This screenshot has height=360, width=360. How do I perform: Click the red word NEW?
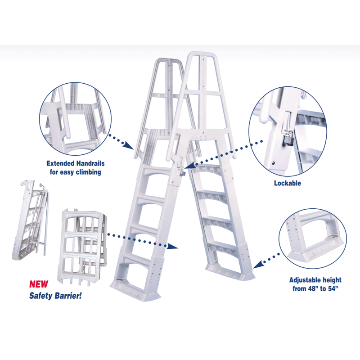pyautogui.click(x=39, y=284)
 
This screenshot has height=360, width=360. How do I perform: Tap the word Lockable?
pyautogui.click(x=288, y=183)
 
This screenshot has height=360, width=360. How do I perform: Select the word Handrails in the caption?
pyautogui.click(x=90, y=163)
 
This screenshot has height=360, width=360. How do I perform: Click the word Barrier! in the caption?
pyautogui.click(x=68, y=295)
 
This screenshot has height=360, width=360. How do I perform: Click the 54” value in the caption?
pyautogui.click(x=333, y=288)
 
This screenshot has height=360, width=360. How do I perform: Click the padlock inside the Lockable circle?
pyautogui.click(x=288, y=138)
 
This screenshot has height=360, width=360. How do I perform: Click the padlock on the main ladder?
pyautogui.click(x=182, y=173)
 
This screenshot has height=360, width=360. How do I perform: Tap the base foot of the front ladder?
pyautogui.click(x=135, y=290)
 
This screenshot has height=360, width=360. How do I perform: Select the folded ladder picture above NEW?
pyautogui.click(x=31, y=220)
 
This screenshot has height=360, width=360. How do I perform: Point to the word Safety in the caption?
pyautogui.click(x=41, y=296)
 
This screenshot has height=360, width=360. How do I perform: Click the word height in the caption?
pyautogui.click(x=332, y=280)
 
